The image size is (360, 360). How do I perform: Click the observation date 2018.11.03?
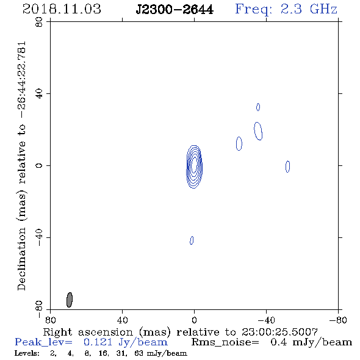point(62,9)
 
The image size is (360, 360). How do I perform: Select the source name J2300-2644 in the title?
point(175,10)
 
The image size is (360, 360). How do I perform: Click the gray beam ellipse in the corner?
point(70,300)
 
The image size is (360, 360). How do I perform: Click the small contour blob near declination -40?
point(192,240)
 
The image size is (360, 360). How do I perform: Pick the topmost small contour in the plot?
point(258,107)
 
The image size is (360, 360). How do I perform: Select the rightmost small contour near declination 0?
point(287,167)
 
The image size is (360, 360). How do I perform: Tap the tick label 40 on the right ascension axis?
point(122,320)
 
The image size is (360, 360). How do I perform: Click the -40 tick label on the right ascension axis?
point(266,320)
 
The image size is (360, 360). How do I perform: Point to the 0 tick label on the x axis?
point(194,320)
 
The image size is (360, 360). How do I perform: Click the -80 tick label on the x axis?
point(338,320)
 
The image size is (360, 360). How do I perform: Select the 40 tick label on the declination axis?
point(39,94)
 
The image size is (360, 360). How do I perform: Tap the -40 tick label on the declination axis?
point(39,237)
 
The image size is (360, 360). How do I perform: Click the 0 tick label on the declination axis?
point(39,165)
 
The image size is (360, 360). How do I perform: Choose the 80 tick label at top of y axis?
point(39,22)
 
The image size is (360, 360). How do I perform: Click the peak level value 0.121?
point(98,342)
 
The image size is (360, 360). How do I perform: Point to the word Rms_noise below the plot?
point(225,342)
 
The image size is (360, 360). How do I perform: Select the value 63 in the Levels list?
point(139,353)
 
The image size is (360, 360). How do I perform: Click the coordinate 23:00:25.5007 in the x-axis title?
point(279,332)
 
